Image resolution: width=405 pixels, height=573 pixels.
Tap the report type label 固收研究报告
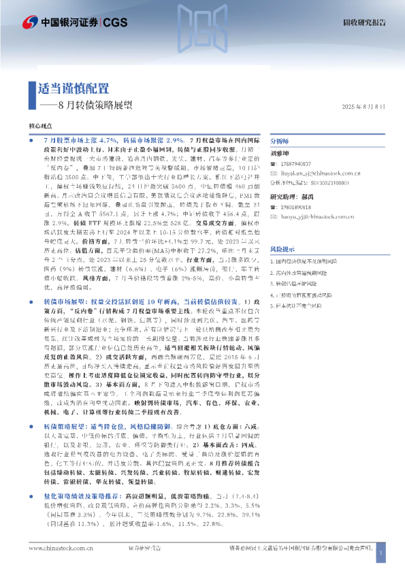[363, 22]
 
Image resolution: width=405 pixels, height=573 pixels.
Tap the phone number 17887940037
[295, 164]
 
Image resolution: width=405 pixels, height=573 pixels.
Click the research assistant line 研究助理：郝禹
[295, 196]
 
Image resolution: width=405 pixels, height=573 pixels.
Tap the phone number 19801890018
[295, 206]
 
